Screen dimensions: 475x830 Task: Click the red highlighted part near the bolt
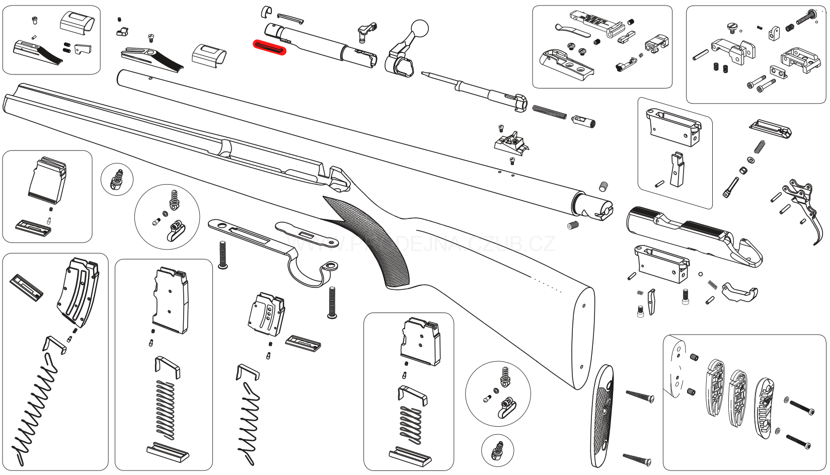point(269,47)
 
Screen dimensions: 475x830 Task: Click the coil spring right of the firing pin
point(549,112)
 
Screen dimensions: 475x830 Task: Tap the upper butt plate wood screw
point(639,395)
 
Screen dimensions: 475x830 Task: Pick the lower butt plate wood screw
point(637,458)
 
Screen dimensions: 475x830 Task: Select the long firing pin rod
point(468,86)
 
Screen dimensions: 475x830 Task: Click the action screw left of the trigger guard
point(223,254)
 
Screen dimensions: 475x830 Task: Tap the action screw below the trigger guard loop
point(332,302)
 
